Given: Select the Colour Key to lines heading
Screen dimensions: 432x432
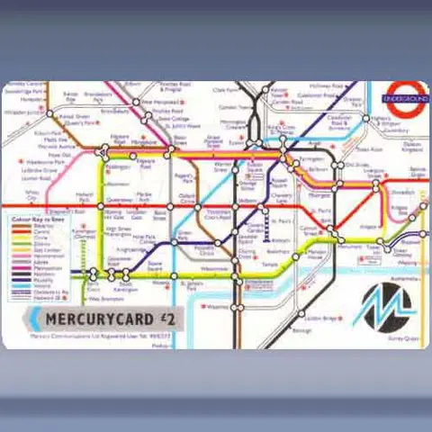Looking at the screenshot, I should click(38, 219).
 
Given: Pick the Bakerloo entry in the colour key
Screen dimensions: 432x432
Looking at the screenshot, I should click(42, 226).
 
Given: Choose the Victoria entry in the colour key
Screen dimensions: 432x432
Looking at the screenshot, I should click(42, 286).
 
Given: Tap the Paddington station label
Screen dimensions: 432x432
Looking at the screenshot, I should click(118, 166).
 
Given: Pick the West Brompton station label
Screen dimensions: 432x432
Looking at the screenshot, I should click(105, 298).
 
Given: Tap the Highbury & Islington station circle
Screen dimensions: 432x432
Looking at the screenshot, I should click(365, 118).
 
